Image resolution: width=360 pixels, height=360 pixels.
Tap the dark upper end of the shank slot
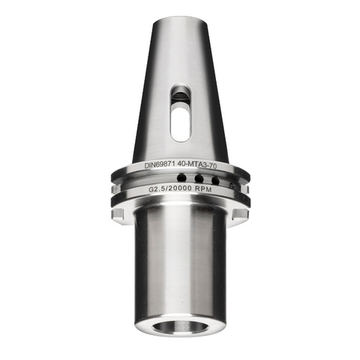(180, 95)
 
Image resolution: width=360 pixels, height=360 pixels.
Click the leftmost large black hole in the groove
(181, 178)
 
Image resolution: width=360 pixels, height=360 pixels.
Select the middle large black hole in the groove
(199, 178)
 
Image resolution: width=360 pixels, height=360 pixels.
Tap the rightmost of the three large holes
(215, 181)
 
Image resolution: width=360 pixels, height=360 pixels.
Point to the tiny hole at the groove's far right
(232, 184)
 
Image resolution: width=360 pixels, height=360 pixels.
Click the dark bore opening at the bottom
(181, 327)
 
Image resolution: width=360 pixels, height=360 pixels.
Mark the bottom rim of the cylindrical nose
(180, 334)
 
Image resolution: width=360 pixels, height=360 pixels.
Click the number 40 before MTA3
(181, 164)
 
